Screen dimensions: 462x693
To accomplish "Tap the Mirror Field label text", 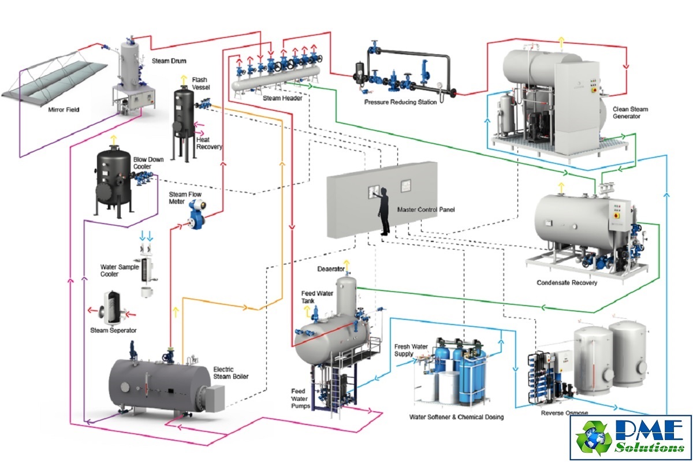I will pyautogui.click(x=64, y=109).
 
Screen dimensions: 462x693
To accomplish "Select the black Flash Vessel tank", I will pyautogui.click(x=185, y=115).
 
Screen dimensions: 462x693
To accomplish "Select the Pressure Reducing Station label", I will pyautogui.click(x=400, y=102).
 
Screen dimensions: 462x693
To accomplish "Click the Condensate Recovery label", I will pyautogui.click(x=567, y=283).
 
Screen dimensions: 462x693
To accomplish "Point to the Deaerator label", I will pyautogui.click(x=331, y=269).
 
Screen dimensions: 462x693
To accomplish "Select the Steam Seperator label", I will pyautogui.click(x=113, y=330).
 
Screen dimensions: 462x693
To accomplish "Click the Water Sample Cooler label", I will pyautogui.click(x=118, y=270).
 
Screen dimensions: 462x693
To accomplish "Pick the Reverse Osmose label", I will pyautogui.click(x=565, y=413).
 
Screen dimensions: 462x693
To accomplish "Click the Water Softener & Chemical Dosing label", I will pyautogui.click(x=456, y=416).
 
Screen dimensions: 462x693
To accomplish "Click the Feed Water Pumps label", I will pyautogui.click(x=301, y=398).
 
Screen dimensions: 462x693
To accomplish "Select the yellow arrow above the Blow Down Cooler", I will pyautogui.click(x=113, y=139).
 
